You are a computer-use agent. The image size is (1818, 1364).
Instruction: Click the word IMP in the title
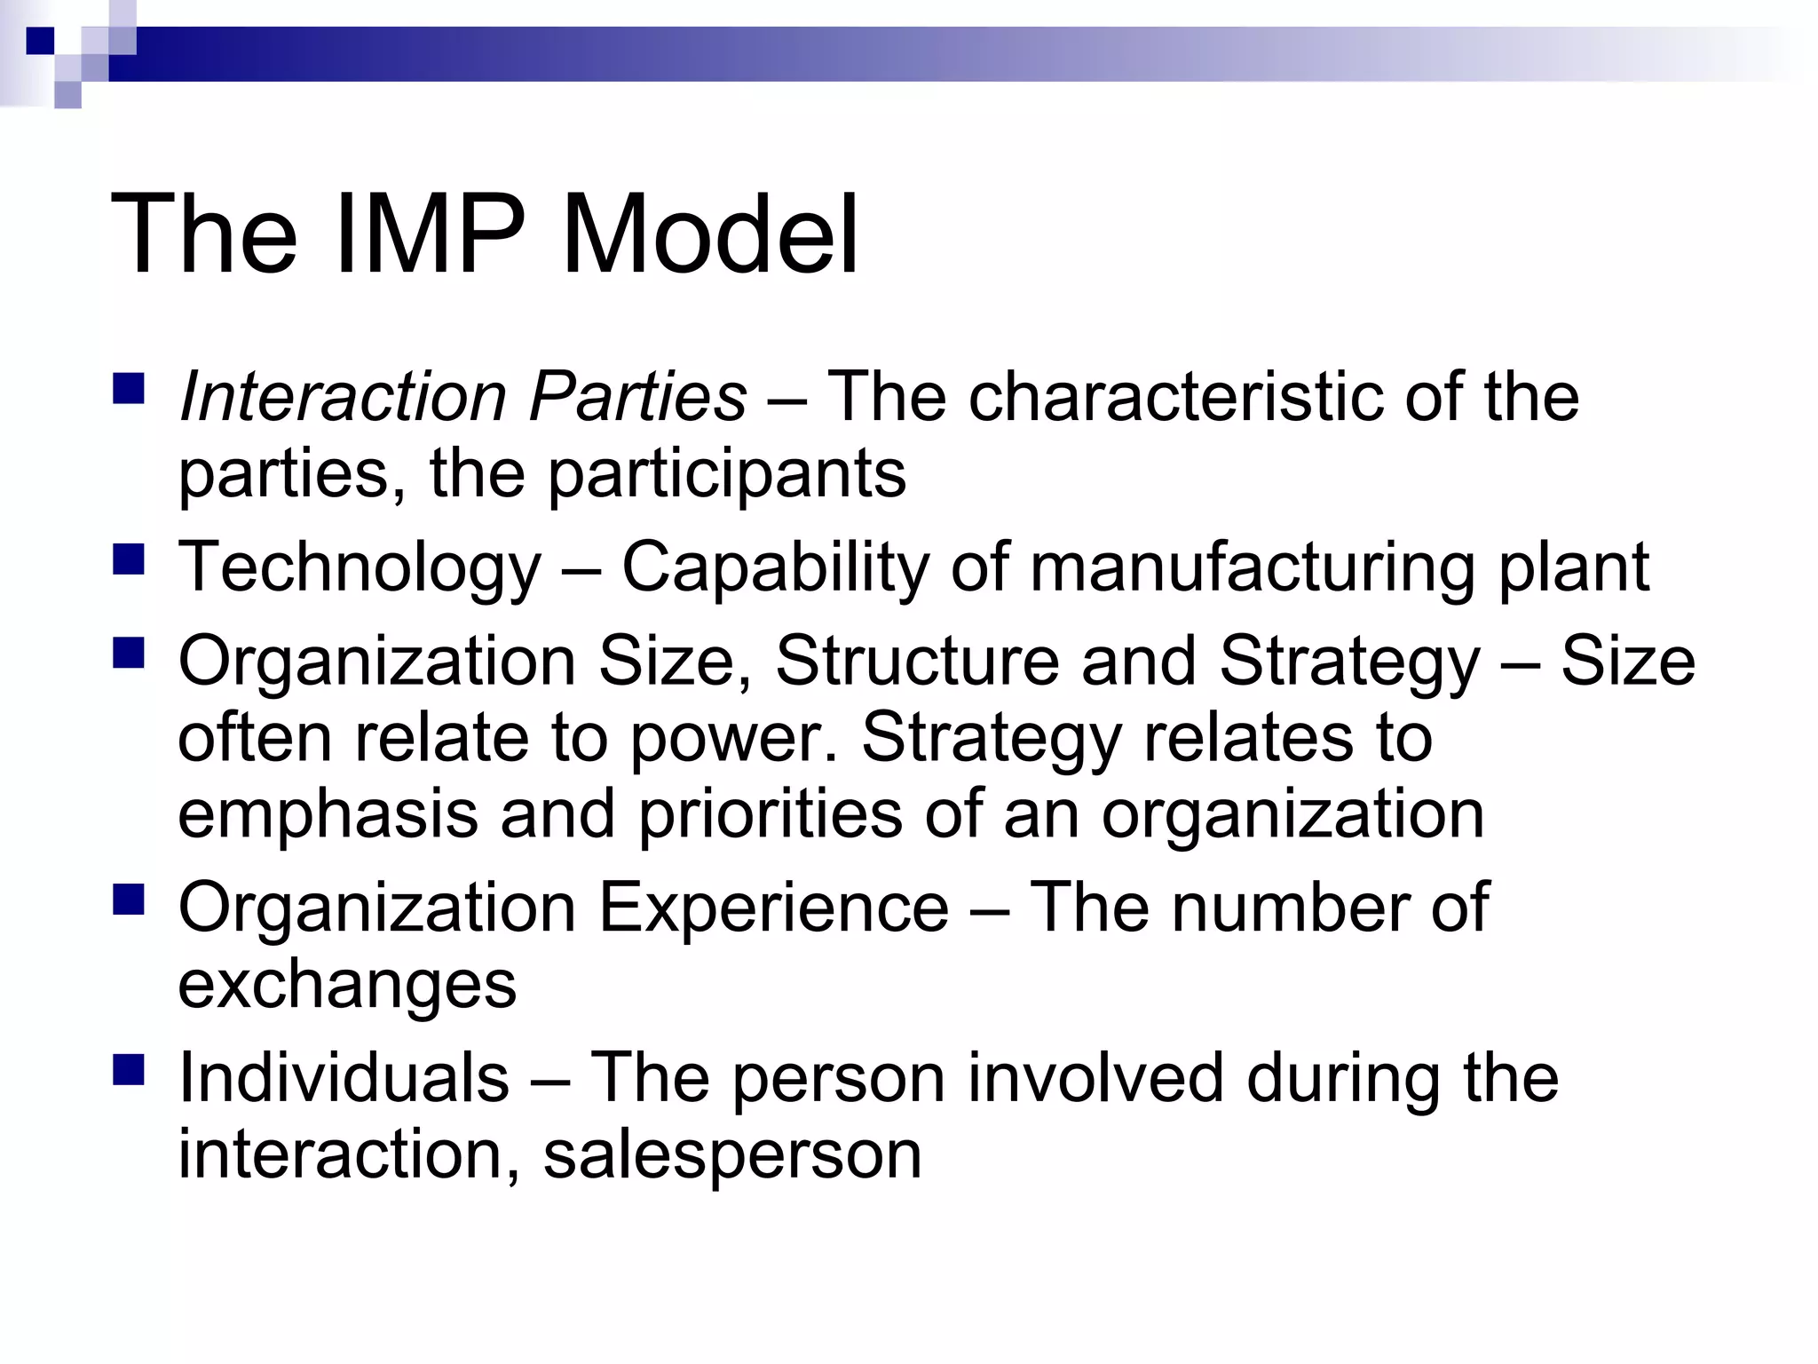point(431,235)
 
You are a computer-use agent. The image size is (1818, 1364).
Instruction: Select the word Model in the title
point(710,235)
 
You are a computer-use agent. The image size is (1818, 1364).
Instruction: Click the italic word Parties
point(637,397)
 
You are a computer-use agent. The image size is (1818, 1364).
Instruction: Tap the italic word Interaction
point(342,397)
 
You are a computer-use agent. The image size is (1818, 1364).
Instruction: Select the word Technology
point(359,568)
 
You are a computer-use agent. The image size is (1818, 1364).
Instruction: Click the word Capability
point(775,568)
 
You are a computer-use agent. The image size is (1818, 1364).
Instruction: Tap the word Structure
point(917,662)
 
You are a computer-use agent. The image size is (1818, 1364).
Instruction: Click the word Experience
point(774,908)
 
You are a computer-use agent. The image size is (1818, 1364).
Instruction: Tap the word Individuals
point(344,1078)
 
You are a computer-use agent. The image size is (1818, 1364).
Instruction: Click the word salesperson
point(732,1154)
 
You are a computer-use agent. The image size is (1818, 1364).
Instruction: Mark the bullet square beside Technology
point(129,561)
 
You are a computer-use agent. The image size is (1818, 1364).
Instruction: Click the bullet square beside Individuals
point(129,1070)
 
